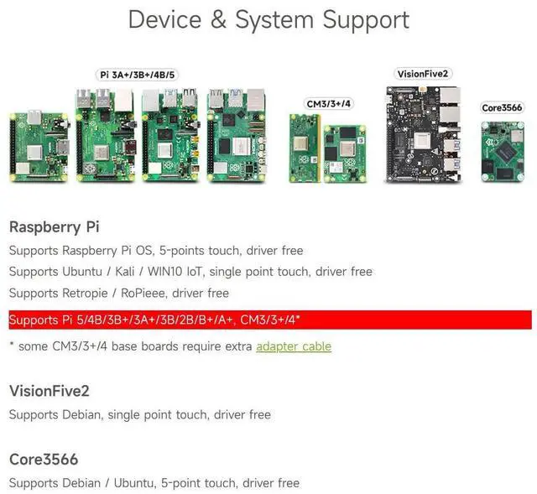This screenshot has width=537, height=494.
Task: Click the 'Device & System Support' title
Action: click(268, 20)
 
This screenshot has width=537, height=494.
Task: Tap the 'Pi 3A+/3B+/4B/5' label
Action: click(138, 75)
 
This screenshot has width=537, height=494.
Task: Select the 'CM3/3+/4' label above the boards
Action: click(329, 103)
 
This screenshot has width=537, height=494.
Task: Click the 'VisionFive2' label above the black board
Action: click(423, 74)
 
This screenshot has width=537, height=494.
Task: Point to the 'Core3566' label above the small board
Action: click(503, 107)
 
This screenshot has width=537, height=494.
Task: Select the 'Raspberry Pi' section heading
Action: click(54, 226)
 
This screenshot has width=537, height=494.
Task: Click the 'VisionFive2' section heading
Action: click(49, 391)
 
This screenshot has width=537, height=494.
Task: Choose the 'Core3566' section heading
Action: click(44, 460)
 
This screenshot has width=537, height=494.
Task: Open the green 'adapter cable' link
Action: click(294, 346)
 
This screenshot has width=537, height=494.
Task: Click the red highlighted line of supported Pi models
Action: click(269, 320)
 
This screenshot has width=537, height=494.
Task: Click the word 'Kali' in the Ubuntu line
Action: click(135, 272)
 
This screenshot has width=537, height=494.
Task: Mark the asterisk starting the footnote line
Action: click(12, 346)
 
